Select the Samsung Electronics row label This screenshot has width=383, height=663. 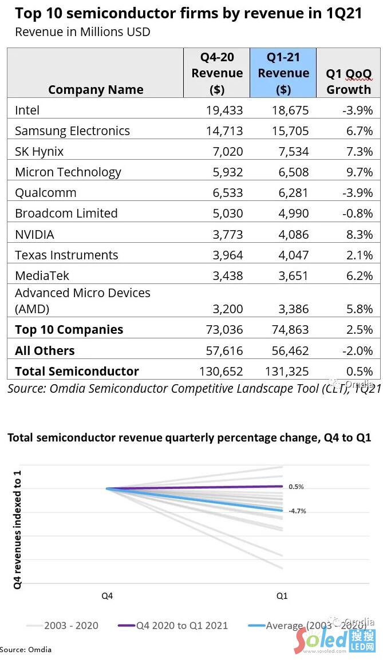point(72,131)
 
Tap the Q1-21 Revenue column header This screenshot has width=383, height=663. point(283,73)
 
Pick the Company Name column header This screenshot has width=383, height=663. point(96,89)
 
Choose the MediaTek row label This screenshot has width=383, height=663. point(42,275)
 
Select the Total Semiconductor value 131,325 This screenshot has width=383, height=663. point(287,371)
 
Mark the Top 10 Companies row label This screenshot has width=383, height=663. point(69,330)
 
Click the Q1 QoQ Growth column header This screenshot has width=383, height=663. point(349,81)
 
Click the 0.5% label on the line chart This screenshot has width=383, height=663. point(296,487)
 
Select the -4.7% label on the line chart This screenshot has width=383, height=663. point(297,511)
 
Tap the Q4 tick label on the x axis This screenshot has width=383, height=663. point(107,596)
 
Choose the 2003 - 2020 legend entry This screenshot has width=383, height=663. point(62,626)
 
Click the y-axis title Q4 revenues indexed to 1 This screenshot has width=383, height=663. point(18,530)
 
